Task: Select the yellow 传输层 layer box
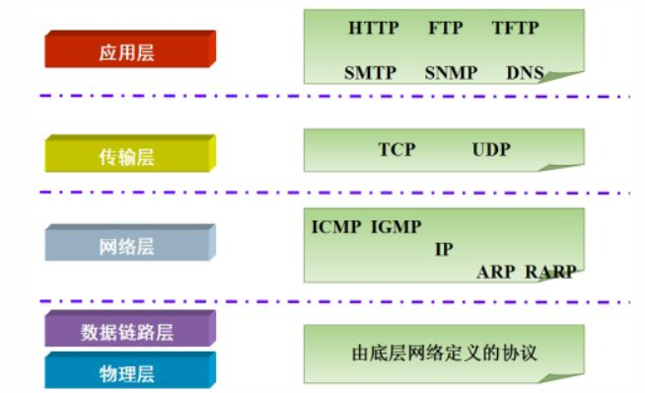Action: click(128, 155)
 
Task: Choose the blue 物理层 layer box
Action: click(128, 372)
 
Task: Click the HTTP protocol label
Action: click(374, 29)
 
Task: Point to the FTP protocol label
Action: click(446, 29)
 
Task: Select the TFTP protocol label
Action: click(516, 29)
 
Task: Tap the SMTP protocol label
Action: click(370, 73)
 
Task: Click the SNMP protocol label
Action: click(451, 73)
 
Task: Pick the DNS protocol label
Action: click(525, 73)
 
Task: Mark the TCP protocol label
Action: click(396, 150)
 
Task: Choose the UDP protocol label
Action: click(492, 150)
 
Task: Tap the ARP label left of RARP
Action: click(496, 272)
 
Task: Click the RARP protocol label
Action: click(550, 272)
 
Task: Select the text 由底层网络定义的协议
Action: click(444, 352)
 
